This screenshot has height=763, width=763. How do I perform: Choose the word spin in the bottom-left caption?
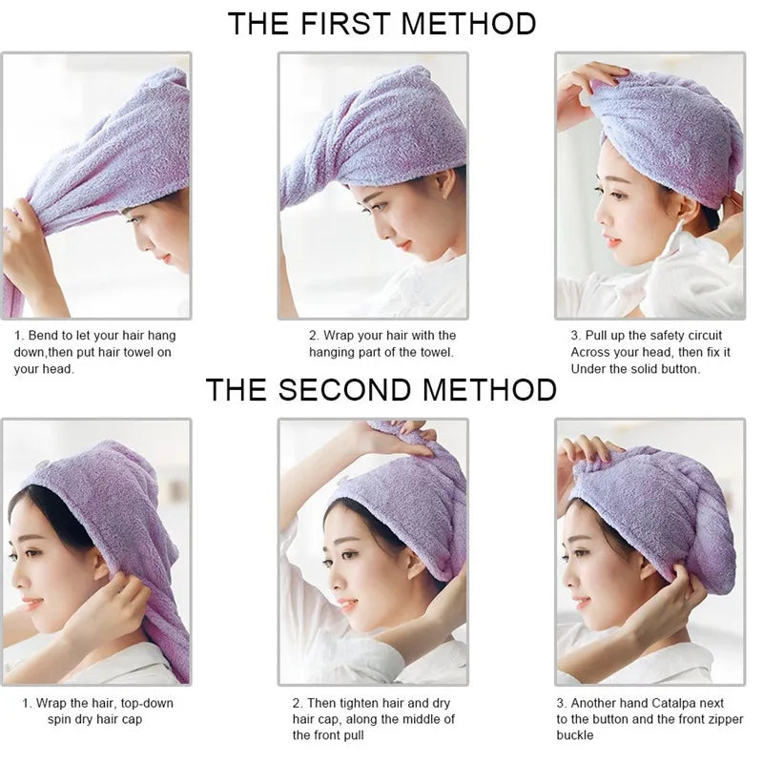tap(61, 719)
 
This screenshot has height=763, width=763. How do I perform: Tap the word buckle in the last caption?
tap(575, 735)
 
